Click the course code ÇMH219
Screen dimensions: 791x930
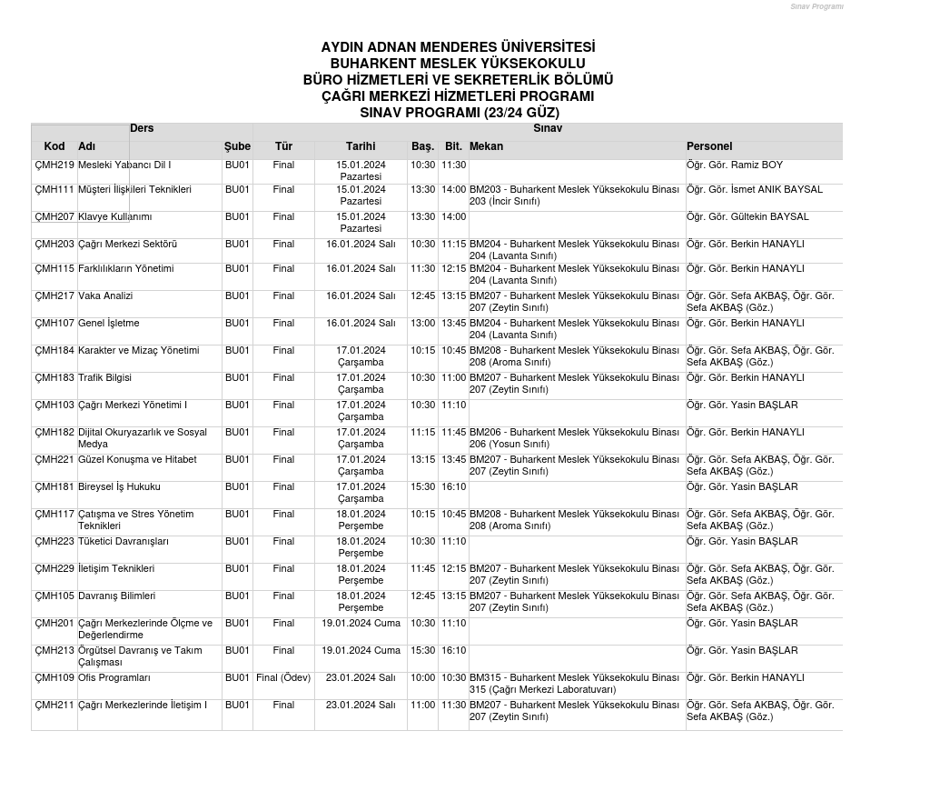pyautogui.click(x=54, y=165)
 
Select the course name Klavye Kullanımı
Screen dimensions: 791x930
pyautogui.click(x=114, y=217)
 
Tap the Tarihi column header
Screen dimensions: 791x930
pyautogui.click(x=361, y=146)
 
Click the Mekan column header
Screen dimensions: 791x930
pyautogui.click(x=486, y=146)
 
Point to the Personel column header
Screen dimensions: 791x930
pyautogui.click(x=709, y=146)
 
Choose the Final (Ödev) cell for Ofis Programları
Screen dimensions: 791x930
pyautogui.click(x=283, y=678)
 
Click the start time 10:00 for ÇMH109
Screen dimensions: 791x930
pyautogui.click(x=422, y=678)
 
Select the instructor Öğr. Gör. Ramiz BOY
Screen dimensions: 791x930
pyautogui.click(x=734, y=165)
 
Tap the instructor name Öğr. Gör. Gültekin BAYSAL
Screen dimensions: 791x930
pyautogui.click(x=747, y=217)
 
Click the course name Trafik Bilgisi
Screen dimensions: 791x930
pyautogui.click(x=104, y=378)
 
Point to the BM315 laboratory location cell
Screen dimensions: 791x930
pyautogui.click(x=574, y=684)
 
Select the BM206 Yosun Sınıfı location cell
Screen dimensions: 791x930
pyautogui.click(x=574, y=438)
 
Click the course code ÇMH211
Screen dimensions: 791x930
pyautogui.click(x=54, y=706)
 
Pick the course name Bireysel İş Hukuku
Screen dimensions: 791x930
pyautogui.click(x=119, y=487)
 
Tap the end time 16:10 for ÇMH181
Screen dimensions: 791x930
pyautogui.click(x=453, y=487)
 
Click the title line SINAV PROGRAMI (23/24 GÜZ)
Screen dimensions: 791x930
pyautogui.click(x=459, y=113)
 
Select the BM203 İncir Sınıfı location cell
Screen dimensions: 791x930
pyautogui.click(x=574, y=195)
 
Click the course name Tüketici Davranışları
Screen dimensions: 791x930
pyautogui.click(x=124, y=542)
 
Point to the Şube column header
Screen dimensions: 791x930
pyautogui.click(x=237, y=146)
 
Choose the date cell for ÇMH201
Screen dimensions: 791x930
pyautogui.click(x=361, y=624)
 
